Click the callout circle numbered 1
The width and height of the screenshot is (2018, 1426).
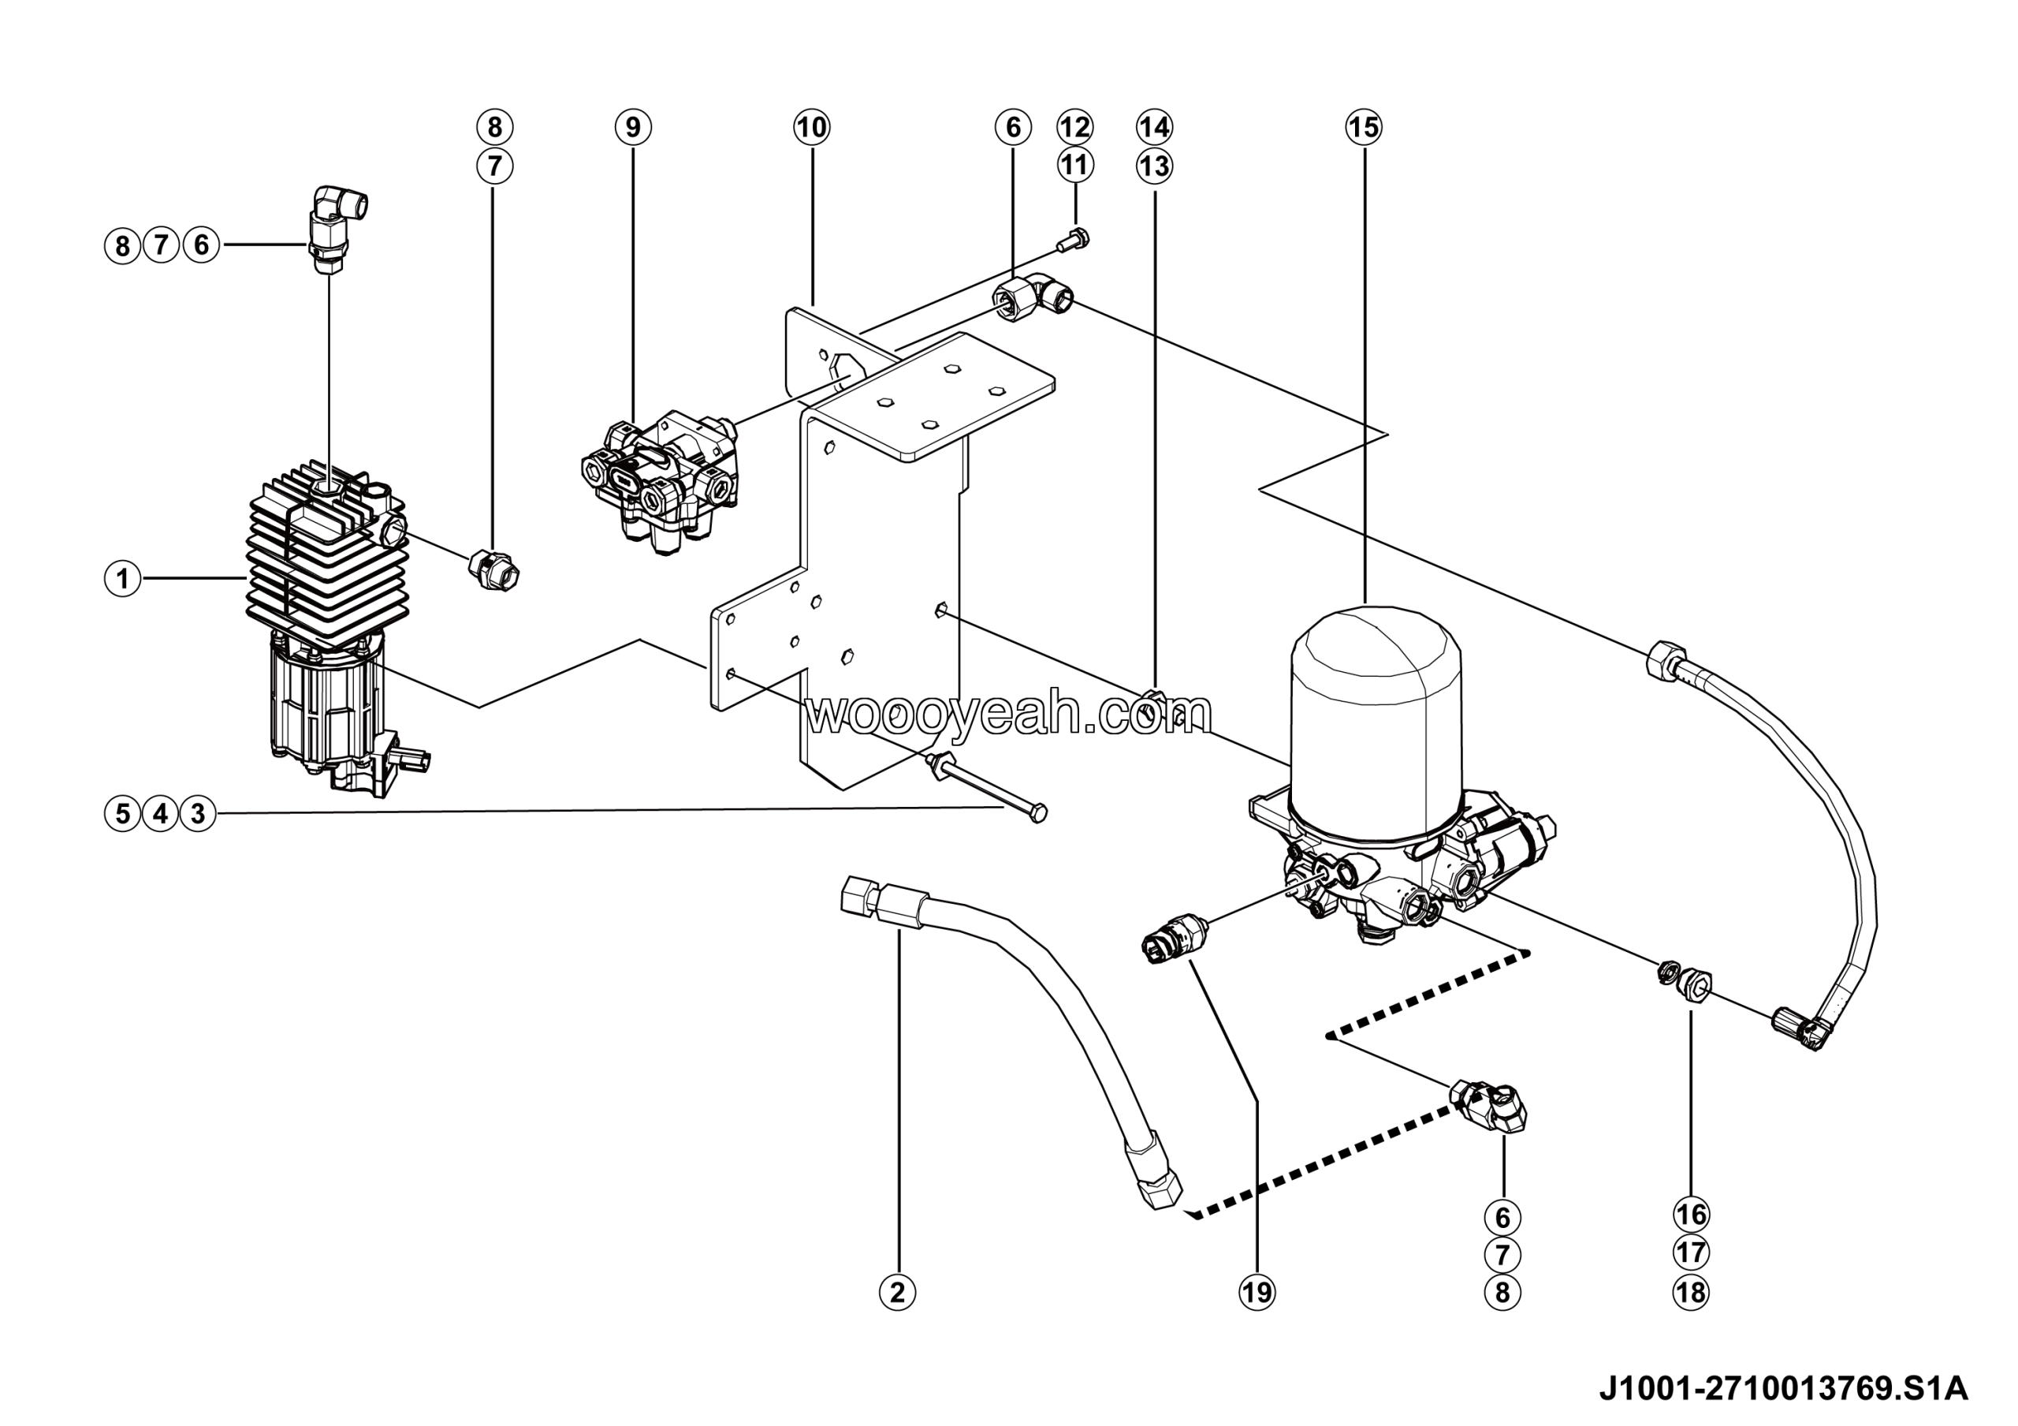123,578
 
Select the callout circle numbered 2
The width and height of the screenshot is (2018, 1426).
897,1293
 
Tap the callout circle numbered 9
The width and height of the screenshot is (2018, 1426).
633,127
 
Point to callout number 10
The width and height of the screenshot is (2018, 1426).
811,127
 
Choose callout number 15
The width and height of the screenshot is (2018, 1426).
1363,127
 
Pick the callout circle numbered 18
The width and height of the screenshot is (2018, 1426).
1692,1293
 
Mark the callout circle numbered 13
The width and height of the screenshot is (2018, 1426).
1154,166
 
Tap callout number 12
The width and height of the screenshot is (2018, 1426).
1074,127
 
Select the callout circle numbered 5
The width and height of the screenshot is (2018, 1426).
123,813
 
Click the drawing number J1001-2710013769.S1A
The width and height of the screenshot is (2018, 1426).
1782,1387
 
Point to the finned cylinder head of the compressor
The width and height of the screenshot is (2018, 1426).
327,554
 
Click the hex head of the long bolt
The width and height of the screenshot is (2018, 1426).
1037,813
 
